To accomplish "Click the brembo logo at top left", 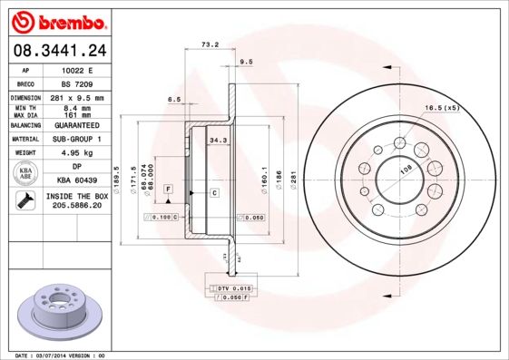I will pyautogui.click(x=56, y=20).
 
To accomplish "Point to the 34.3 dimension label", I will pyautogui.click(x=218, y=141).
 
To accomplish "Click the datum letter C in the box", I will pyautogui.click(x=214, y=193).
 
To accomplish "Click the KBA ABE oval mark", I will pyautogui.click(x=27, y=173).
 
